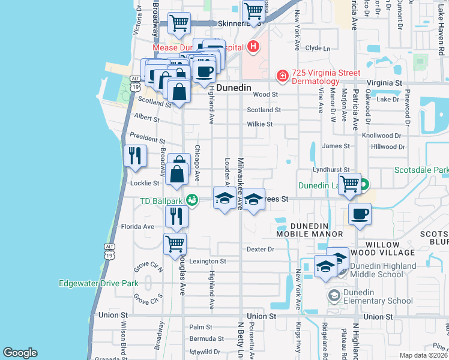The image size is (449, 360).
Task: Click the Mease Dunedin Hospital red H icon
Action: tap(253, 46)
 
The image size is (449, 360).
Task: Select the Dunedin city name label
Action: tap(233, 88)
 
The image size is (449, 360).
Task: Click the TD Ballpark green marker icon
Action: tap(191, 200)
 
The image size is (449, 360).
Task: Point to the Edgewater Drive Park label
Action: tap(98, 283)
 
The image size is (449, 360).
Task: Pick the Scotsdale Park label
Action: tap(421, 170)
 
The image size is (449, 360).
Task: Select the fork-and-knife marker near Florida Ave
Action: tap(175, 216)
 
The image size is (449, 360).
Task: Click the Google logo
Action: tap(20, 353)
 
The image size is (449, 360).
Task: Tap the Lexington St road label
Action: tap(207, 262)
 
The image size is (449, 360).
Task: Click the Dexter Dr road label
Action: tap(260, 249)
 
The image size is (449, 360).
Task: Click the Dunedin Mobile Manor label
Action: tap(309, 229)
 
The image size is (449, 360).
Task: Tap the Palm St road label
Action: tap(201, 328)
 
